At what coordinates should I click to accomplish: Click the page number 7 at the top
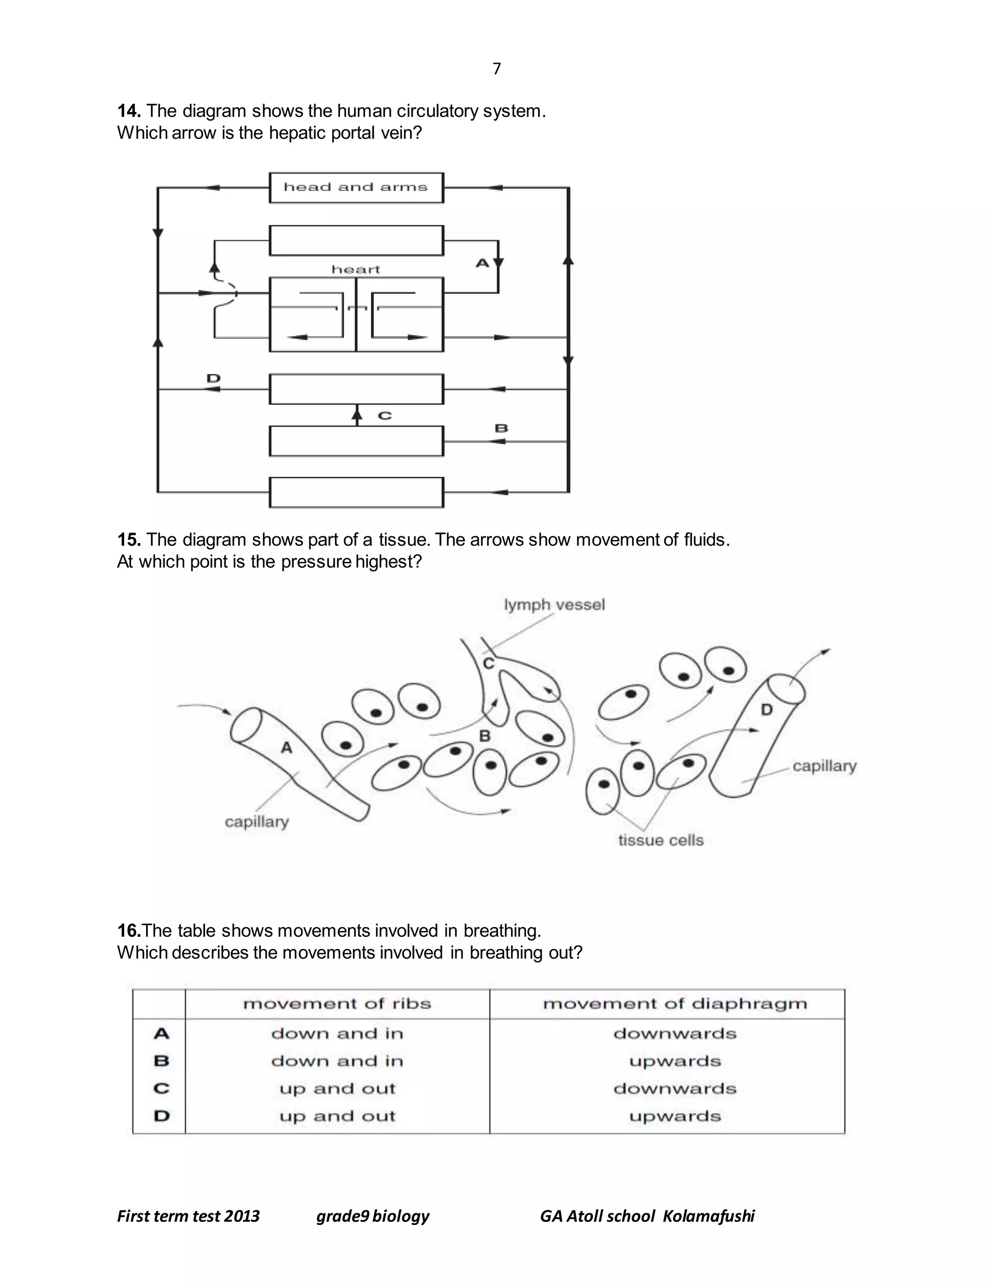tap(496, 69)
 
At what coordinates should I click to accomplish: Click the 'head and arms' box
tap(356, 188)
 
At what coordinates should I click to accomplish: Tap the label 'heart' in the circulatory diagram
tap(356, 270)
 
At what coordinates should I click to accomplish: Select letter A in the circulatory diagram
tap(482, 263)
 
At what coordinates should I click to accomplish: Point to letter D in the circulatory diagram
tap(213, 378)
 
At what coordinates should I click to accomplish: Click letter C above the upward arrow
tap(384, 416)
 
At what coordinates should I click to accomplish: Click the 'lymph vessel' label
tap(554, 605)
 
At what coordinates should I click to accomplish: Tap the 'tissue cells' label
tap(661, 840)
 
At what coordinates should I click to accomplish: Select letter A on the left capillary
tap(287, 748)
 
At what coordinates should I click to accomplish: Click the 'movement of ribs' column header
tap(337, 1004)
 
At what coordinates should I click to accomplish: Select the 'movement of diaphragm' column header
tap(675, 1004)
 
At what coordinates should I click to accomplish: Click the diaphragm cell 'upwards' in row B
tap(675, 1061)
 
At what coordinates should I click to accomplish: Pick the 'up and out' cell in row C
tap(337, 1089)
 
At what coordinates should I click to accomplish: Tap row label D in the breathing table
tap(161, 1116)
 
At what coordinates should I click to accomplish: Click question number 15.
tap(128, 540)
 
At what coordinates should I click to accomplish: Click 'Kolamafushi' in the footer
tap(708, 1216)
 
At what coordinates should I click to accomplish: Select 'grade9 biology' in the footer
tap(372, 1216)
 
